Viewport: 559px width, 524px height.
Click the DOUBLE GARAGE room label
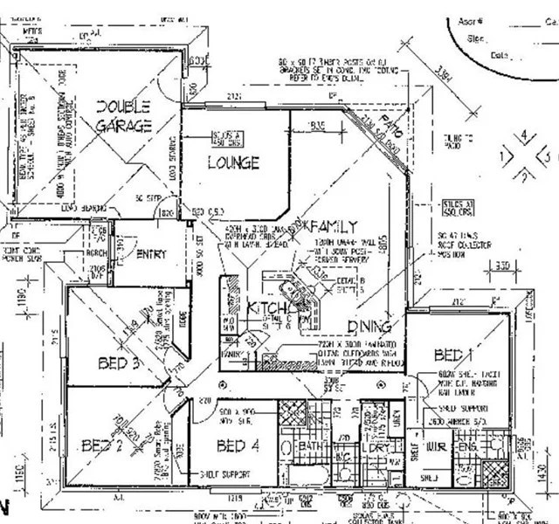[x=123, y=116]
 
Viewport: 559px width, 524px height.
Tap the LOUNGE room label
[x=233, y=162]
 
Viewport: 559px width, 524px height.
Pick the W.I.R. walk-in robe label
[x=436, y=447]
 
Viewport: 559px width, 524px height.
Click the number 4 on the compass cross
[x=523, y=135]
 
